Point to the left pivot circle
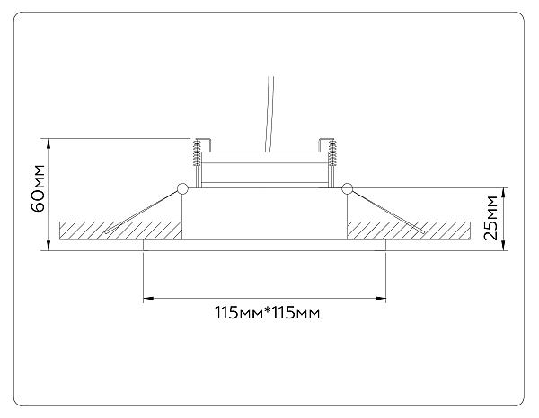tap(182, 188)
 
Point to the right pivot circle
tap(347, 187)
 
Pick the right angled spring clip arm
tap(386, 212)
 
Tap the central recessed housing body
tap(263, 215)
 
